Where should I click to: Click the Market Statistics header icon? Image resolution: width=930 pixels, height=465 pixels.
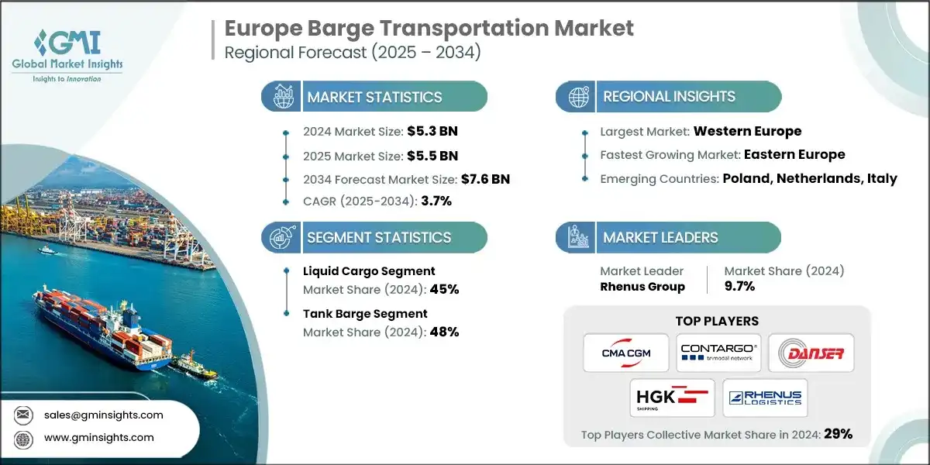click(x=281, y=97)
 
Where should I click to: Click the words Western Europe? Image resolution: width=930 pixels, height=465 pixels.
click(x=747, y=131)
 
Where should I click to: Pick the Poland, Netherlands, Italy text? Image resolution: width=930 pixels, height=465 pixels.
click(x=810, y=178)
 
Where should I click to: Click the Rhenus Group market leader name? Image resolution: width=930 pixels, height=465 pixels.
click(x=642, y=287)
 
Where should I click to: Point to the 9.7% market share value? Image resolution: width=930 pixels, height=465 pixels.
click(x=739, y=287)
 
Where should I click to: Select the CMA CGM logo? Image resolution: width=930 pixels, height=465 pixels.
click(x=627, y=353)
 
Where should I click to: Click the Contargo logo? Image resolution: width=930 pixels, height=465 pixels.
click(x=718, y=353)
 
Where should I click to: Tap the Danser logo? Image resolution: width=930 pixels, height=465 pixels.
click(x=811, y=353)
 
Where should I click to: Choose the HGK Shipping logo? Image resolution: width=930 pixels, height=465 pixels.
click(x=672, y=398)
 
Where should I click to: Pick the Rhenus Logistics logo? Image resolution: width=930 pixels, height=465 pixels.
click(x=765, y=398)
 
